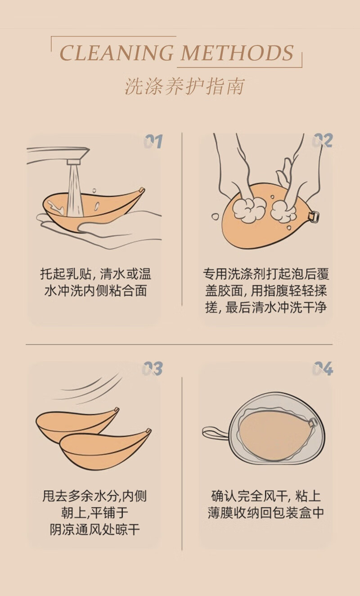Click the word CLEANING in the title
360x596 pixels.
[x=117, y=53]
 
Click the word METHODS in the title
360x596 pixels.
[x=237, y=53]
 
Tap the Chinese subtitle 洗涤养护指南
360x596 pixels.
[x=184, y=86]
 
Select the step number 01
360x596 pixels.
[x=153, y=141]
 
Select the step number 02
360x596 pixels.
[x=323, y=140]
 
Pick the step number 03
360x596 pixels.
[x=152, y=368]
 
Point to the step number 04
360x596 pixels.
[x=323, y=368]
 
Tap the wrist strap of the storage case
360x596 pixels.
[x=215, y=433]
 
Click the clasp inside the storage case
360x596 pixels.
[x=312, y=422]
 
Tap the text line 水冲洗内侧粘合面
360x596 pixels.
[x=95, y=291]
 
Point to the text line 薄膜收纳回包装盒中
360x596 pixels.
[x=266, y=513]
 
